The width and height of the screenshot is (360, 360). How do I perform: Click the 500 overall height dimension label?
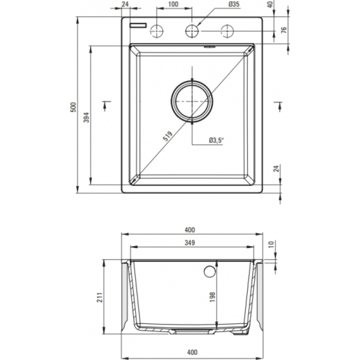pos(73,107)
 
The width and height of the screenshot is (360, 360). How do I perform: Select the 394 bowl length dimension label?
pos(86,117)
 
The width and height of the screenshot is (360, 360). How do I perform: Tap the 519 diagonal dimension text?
pos(167,136)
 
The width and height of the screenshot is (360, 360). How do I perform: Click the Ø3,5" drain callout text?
pos(216,140)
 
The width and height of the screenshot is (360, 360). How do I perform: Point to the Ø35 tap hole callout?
pos(234,4)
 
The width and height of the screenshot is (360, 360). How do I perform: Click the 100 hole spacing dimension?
pos(173,4)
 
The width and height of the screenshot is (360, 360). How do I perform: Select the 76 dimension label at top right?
pos(284,30)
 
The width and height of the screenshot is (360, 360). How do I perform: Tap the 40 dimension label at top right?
pos(270,4)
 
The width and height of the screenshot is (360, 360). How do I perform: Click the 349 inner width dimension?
pos(189,243)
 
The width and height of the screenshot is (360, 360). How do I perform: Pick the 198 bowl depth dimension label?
pos(212,297)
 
